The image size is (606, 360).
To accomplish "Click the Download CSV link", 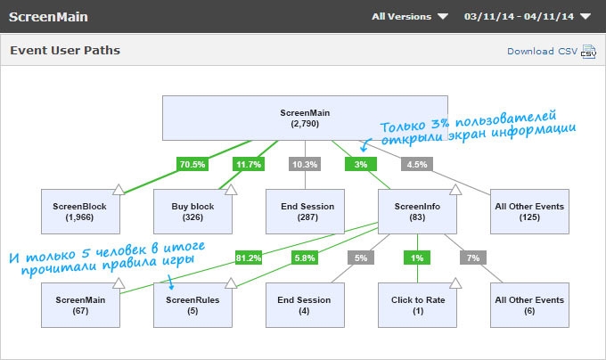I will point(542,51).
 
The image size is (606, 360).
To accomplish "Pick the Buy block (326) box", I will point(193,212).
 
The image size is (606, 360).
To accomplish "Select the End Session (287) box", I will point(306,212).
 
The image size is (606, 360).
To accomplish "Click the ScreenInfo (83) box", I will point(418,212).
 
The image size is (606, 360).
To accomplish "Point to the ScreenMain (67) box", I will point(81,306).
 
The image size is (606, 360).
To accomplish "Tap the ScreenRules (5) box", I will point(193,306).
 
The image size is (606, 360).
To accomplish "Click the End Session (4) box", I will point(306,306).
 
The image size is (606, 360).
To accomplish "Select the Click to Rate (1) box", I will point(418,306).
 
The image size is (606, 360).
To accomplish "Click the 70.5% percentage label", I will point(192,164).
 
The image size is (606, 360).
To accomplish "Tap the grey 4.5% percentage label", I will point(417,164).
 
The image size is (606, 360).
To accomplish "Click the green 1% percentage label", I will point(417,258).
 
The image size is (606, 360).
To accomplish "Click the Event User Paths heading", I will point(65,51).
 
